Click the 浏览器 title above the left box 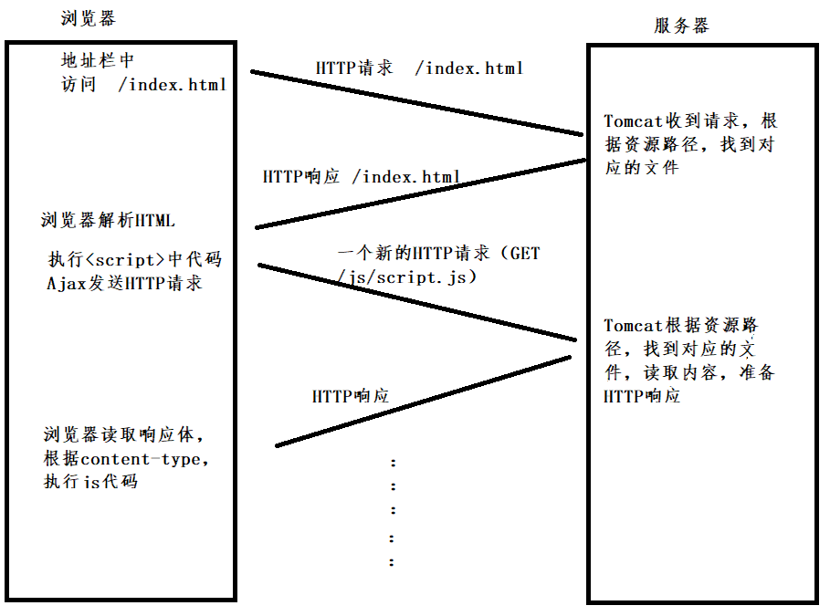click(89, 19)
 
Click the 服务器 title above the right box click(681, 26)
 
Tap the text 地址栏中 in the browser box click(98, 61)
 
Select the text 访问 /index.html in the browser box click(142, 85)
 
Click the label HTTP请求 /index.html click(419, 68)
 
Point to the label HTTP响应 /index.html click(362, 176)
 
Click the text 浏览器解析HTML click(108, 220)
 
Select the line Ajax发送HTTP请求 click(124, 283)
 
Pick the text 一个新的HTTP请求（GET click(438, 253)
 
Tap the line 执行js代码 click(90, 482)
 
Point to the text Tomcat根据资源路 click(681, 326)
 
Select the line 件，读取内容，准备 click(688, 373)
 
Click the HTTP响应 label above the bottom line click(351, 396)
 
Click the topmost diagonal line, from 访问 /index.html click(415, 102)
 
